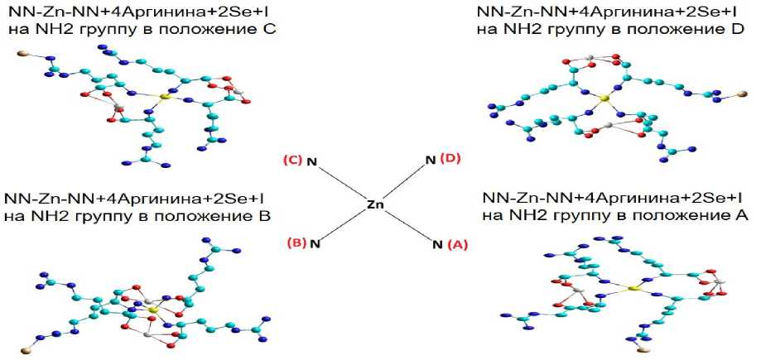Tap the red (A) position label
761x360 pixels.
pyautogui.click(x=457, y=245)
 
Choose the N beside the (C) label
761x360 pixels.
pyautogui.click(x=313, y=161)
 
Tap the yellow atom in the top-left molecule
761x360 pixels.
pyautogui.click(x=164, y=98)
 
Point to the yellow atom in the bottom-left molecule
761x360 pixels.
pyautogui.click(x=152, y=308)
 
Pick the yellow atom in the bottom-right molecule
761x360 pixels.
pyautogui.click(x=630, y=289)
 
